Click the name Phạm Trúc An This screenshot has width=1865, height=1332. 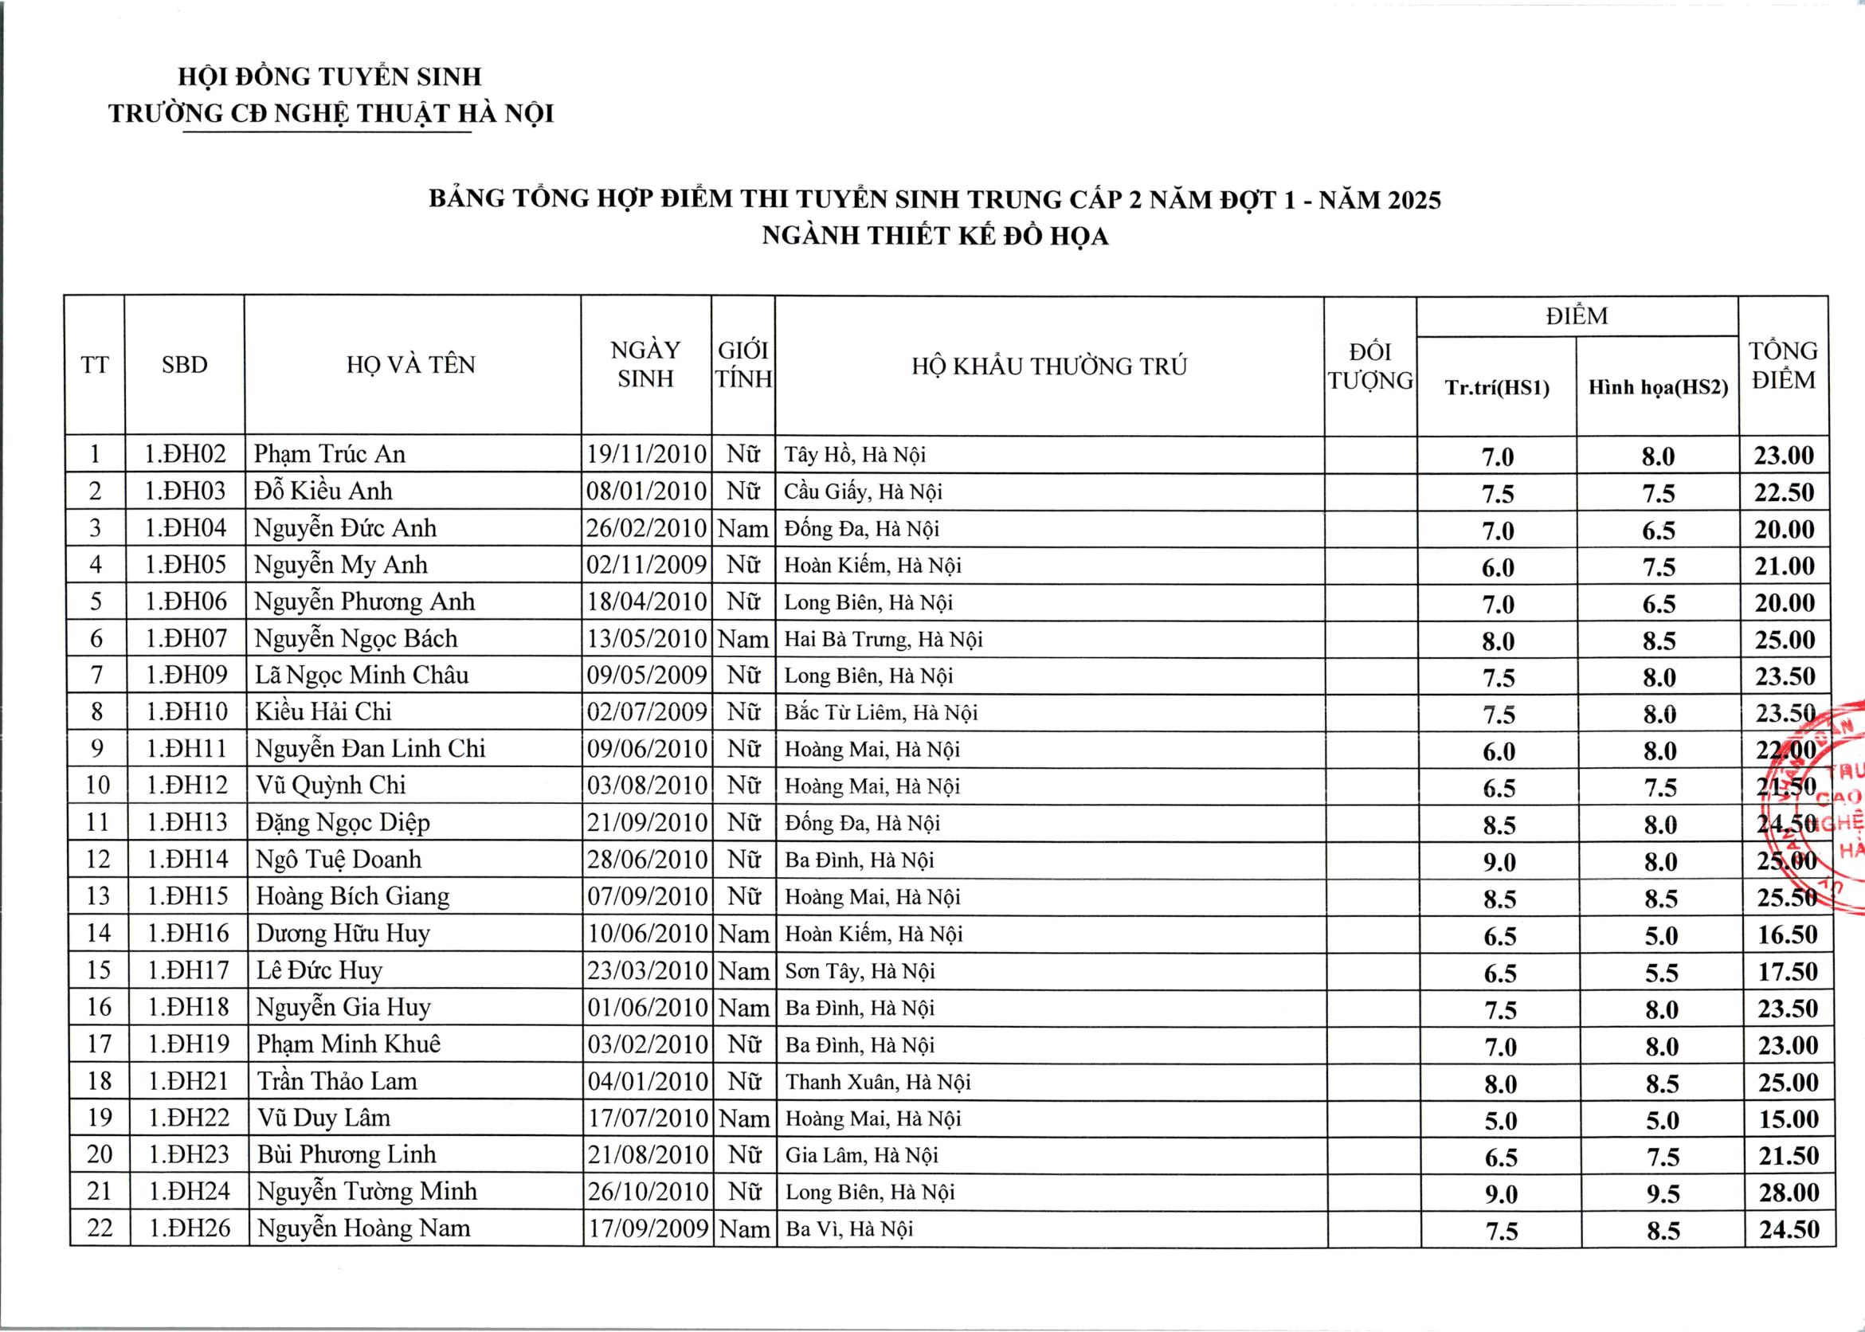pyautogui.click(x=329, y=453)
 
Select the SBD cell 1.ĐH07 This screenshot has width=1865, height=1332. pyautogui.click(x=186, y=638)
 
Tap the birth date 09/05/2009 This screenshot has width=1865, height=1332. pyautogui.click(x=646, y=675)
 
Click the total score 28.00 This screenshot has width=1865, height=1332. pyautogui.click(x=1789, y=1193)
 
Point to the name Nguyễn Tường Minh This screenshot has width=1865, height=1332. pyautogui.click(x=366, y=1191)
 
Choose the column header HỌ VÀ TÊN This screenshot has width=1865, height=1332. pyautogui.click(x=411, y=365)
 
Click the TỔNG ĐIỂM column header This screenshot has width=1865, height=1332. pyautogui.click(x=1783, y=365)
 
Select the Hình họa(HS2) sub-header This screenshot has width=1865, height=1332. pyautogui.click(x=1658, y=387)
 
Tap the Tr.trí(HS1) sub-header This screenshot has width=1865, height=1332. pyautogui.click(x=1497, y=387)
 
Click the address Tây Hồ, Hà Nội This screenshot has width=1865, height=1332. pyautogui.click(x=855, y=454)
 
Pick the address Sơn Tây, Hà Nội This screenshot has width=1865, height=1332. pyautogui.click(x=860, y=971)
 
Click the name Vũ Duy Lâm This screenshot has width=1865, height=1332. pyautogui.click(x=323, y=1117)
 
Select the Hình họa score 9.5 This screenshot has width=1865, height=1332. pyautogui.click(x=1663, y=1193)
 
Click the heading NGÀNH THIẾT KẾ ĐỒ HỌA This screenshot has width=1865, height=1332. pyautogui.click(x=935, y=237)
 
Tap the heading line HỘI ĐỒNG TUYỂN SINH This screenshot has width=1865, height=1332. pyautogui.click(x=330, y=77)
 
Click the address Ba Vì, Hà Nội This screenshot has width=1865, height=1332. pyautogui.click(x=848, y=1228)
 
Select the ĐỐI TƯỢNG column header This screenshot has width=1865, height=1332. pyautogui.click(x=1370, y=366)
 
